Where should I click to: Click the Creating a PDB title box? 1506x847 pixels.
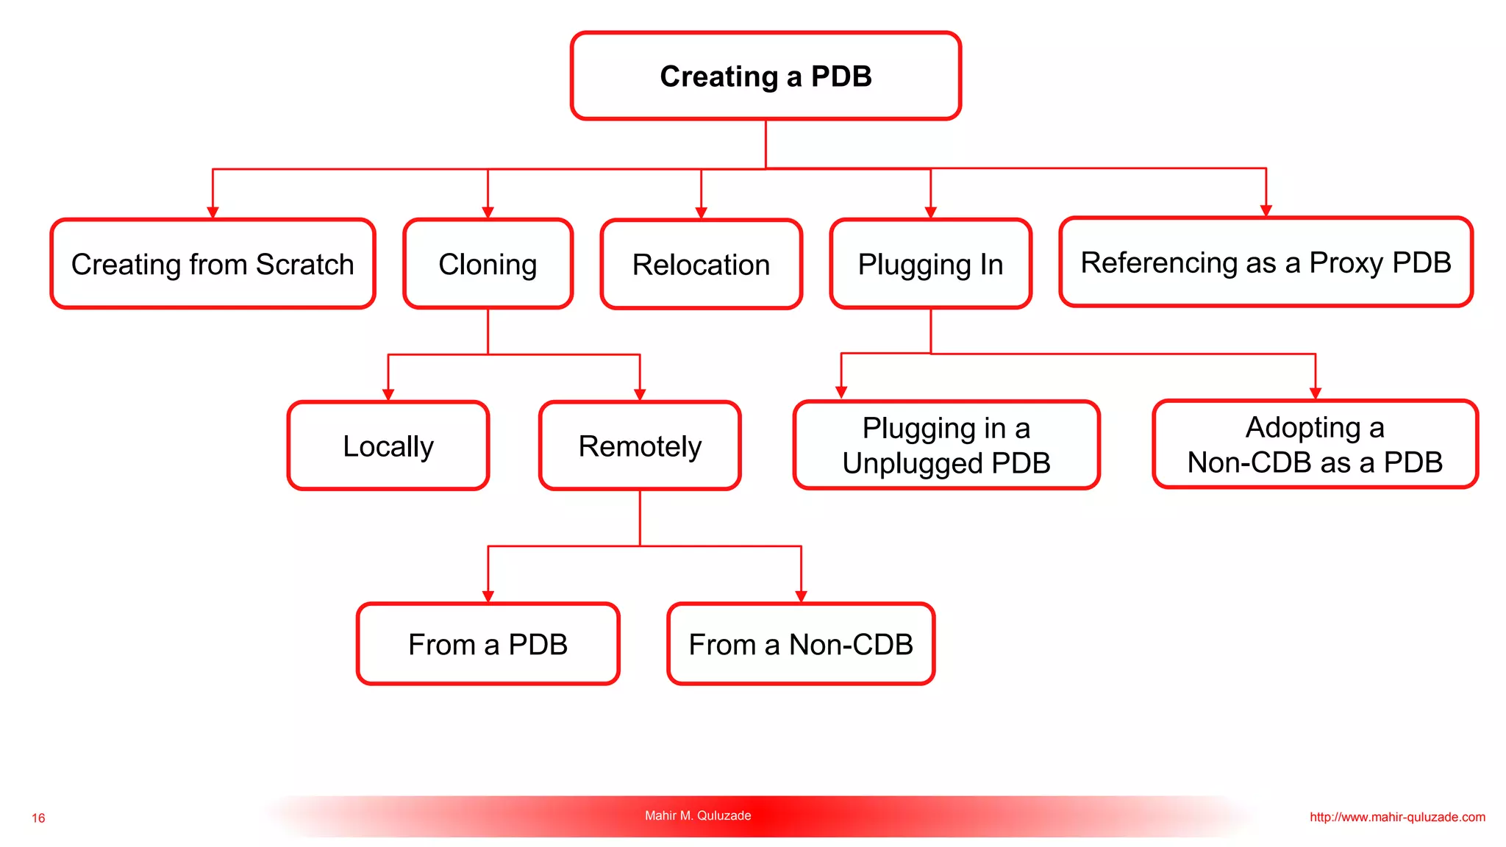click(766, 76)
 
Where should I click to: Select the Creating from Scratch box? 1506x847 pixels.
click(213, 264)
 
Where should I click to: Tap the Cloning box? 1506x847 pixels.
click(488, 264)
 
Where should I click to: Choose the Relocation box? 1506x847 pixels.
click(701, 265)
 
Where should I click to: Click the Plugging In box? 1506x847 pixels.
click(930, 264)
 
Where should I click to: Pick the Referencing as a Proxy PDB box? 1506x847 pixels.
click(1266, 262)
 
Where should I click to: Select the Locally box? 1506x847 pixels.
click(388, 446)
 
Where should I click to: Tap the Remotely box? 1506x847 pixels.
click(640, 446)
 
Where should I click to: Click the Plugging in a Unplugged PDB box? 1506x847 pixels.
click(946, 445)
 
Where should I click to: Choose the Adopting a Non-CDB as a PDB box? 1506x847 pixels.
click(1315, 444)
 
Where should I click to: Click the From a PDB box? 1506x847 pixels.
click(488, 644)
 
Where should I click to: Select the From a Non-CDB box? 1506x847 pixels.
click(801, 644)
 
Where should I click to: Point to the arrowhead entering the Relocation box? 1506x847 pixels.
click(701, 213)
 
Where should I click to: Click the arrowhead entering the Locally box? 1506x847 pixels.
click(388, 395)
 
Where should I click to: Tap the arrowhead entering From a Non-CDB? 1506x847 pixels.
click(801, 597)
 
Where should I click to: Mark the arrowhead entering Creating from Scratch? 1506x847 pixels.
click(213, 213)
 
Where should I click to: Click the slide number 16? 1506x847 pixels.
click(38, 818)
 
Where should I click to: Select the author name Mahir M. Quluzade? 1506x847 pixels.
click(698, 815)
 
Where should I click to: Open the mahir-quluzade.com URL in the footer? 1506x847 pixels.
click(1397, 817)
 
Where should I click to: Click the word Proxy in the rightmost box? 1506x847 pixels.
click(1346, 262)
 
